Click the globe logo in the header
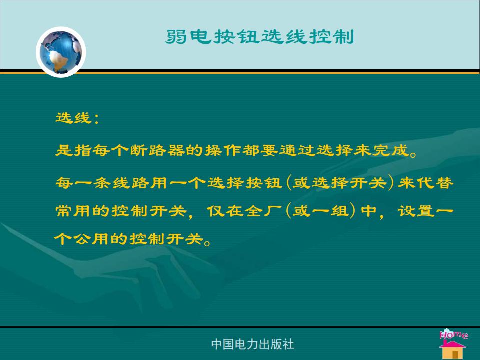pyautogui.click(x=61, y=52)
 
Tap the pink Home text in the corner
pyautogui.click(x=454, y=334)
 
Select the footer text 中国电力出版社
pyautogui.click(x=252, y=344)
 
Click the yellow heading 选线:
pyautogui.click(x=77, y=118)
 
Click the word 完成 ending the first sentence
pyautogui.click(x=391, y=150)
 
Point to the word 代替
pyautogui.click(x=435, y=183)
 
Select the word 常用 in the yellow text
pyautogui.click(x=73, y=211)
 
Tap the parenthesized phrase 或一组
pyautogui.click(x=321, y=211)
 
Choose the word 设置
pyautogui.click(x=416, y=211)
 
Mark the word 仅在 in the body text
pyautogui.click(x=225, y=211)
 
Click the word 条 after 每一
pyautogui.click(x=102, y=183)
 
